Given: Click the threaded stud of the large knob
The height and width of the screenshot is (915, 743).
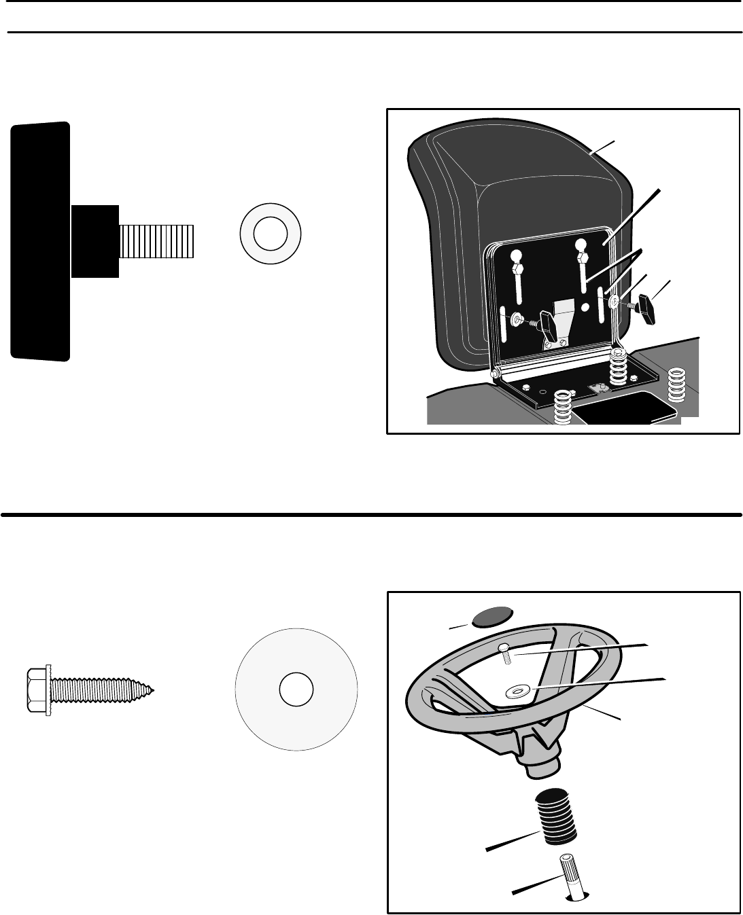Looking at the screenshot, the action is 157,240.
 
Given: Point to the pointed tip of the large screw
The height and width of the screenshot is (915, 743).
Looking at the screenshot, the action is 152,690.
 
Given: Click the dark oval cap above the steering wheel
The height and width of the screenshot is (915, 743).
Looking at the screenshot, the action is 492,616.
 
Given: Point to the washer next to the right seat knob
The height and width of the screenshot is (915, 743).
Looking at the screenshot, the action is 615,301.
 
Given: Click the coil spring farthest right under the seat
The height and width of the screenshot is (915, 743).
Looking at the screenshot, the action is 676,385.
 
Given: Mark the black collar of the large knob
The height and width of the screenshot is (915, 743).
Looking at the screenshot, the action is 95,240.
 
